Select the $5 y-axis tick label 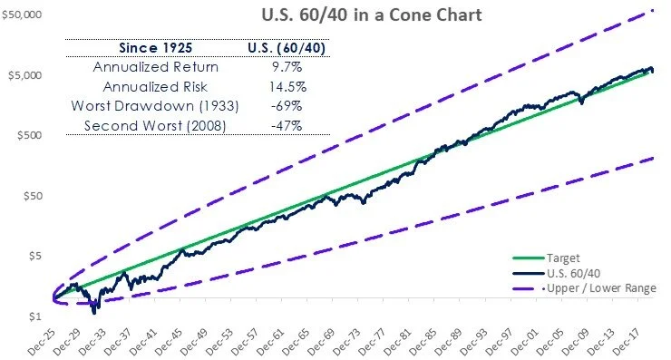point(35,256)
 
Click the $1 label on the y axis point(35,316)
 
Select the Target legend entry point(565,257)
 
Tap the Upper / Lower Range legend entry point(601,287)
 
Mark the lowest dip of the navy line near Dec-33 point(96,311)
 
